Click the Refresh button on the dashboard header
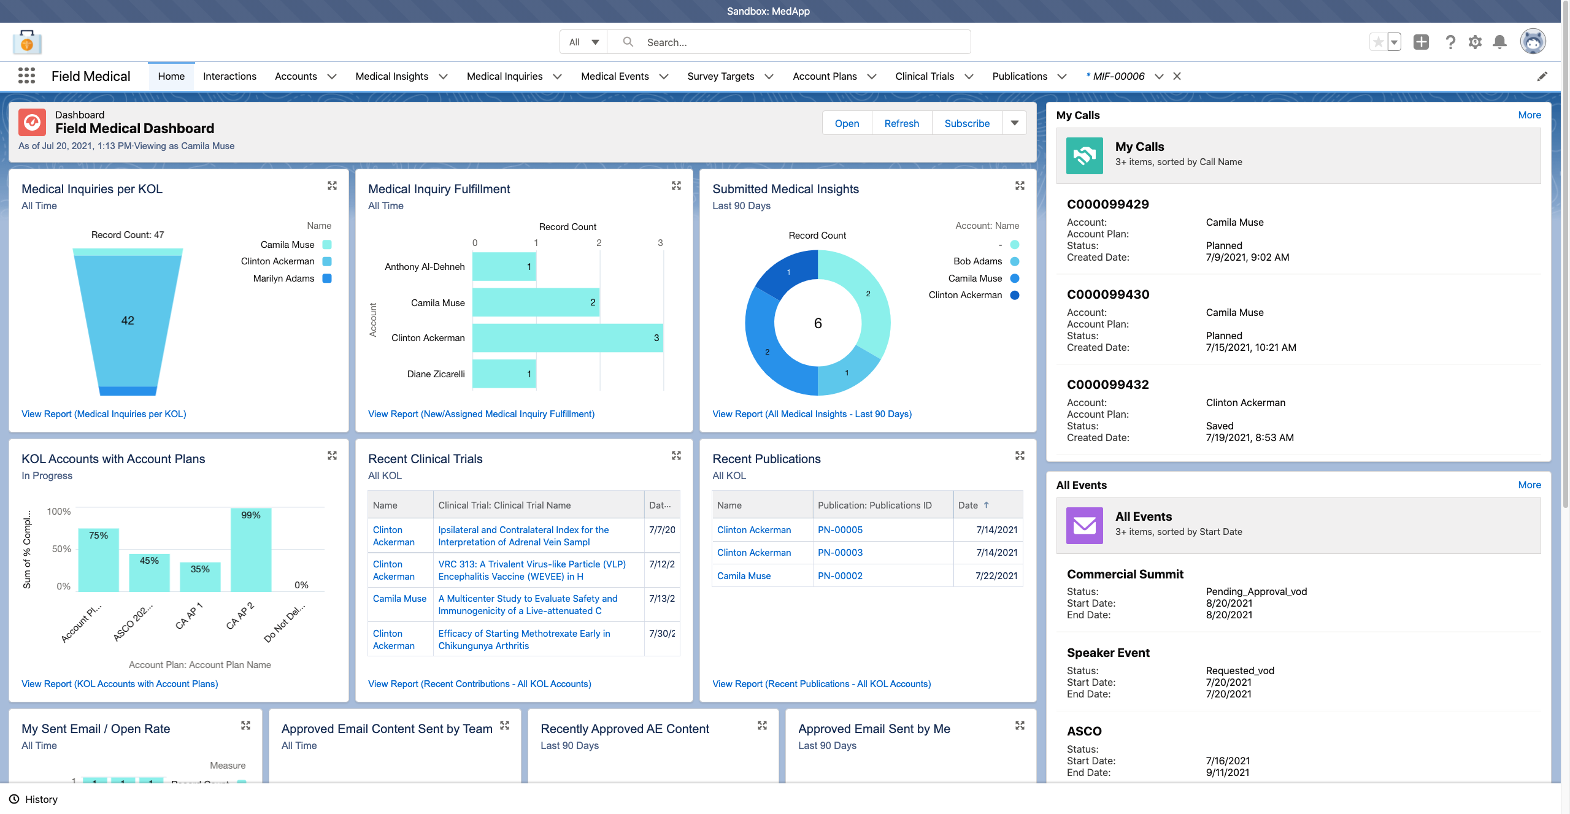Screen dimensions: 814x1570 901,123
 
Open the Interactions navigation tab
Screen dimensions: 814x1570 229,76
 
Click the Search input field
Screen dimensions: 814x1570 798,42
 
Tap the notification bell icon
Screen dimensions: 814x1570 1499,42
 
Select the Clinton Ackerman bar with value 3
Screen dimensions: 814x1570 567,338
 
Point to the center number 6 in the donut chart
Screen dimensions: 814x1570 817,323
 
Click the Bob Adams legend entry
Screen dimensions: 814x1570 977,261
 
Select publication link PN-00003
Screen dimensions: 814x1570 840,553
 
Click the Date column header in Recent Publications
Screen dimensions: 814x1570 968,505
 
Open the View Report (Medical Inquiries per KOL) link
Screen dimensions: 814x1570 104,414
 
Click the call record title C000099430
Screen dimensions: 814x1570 1107,294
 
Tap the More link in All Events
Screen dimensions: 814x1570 1529,485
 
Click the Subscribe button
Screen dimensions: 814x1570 966,123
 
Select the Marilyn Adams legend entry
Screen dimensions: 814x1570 283,278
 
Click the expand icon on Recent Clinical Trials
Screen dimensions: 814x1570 676,456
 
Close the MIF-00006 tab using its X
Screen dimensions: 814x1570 1177,76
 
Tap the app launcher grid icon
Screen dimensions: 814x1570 26,76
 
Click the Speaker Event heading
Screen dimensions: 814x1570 1107,653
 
